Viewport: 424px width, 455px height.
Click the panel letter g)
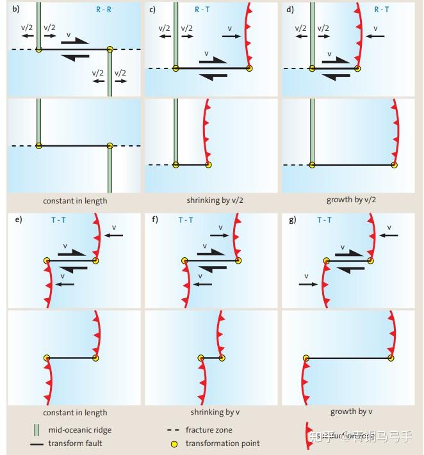pyautogui.click(x=293, y=220)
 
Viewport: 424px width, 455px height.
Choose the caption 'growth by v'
pyautogui.click(x=352, y=411)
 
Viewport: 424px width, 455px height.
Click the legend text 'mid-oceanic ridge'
pyautogui.click(x=79, y=430)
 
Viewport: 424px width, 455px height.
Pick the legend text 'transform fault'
pyautogui.click(x=75, y=443)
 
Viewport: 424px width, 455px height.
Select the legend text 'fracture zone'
pyautogui.click(x=209, y=430)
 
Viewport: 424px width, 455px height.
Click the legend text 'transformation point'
pyautogui.click(x=222, y=443)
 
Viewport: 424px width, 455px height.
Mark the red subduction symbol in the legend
pyautogui.click(x=308, y=436)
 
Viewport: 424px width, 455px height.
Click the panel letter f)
pyautogui.click(x=154, y=220)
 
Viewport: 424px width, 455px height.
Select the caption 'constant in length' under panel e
pyautogui.click(x=75, y=413)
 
